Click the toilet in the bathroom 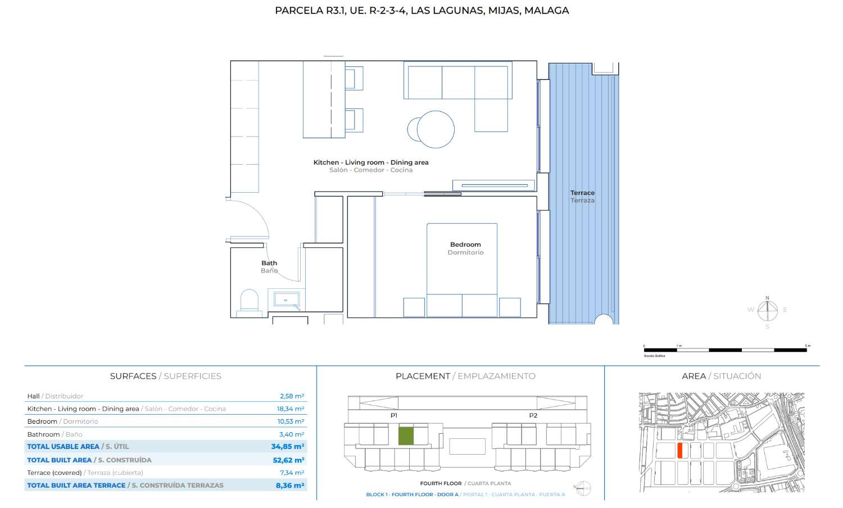(249, 301)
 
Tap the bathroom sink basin (286, 299)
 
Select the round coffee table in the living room (435, 129)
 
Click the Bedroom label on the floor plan (465, 244)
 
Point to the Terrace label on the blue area (582, 193)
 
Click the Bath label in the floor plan (269, 263)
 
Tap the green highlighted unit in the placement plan (406, 436)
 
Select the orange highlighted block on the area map (680, 450)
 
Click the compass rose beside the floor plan (767, 310)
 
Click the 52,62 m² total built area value (288, 460)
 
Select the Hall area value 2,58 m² (292, 396)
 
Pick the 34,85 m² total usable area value (287, 447)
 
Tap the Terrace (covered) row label (55, 473)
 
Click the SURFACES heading (133, 376)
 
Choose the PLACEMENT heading (423, 376)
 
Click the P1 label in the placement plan (394, 415)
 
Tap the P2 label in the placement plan (533, 415)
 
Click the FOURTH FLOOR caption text (441, 483)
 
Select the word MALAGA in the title (546, 10)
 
